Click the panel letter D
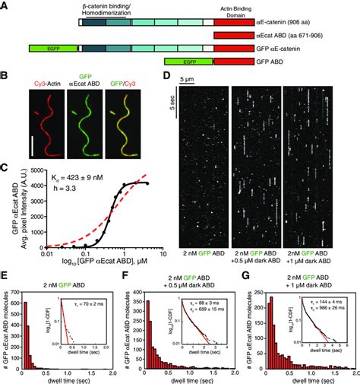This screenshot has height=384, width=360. (167, 77)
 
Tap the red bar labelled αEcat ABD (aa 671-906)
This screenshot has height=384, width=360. (238, 35)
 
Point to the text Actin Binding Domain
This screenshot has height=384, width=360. (238, 8)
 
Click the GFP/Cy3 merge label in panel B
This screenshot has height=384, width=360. (135, 87)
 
